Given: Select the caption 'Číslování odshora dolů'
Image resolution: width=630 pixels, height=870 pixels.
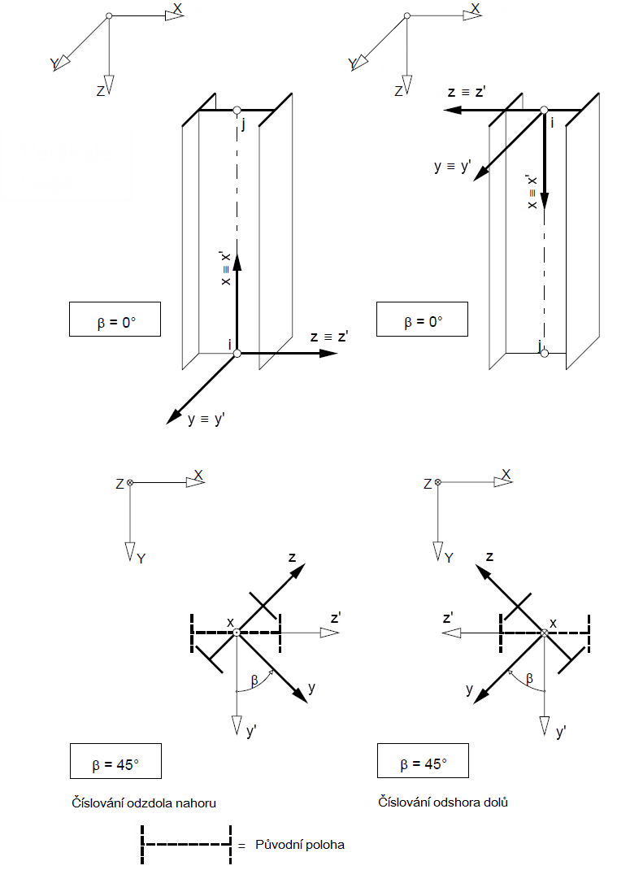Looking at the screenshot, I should click(443, 803).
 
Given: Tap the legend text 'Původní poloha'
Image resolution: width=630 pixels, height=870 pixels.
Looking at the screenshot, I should click(300, 845).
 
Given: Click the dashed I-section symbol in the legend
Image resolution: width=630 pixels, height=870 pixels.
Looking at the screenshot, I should click(185, 845).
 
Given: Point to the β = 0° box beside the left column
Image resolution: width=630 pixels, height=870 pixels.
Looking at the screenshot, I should click(115, 320).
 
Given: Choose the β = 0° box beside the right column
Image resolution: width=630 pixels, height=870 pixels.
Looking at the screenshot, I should click(423, 320).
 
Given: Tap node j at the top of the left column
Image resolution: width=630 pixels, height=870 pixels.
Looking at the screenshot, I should click(237, 111).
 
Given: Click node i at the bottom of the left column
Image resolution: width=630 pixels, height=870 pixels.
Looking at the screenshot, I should click(237, 353).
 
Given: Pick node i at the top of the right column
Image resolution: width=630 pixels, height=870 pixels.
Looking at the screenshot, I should click(544, 110).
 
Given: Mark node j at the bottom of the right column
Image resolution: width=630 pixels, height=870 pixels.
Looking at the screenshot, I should click(544, 351).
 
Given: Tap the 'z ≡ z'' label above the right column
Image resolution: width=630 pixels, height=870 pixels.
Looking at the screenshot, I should click(467, 93).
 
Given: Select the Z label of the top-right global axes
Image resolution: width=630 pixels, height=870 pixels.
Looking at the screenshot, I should click(398, 92).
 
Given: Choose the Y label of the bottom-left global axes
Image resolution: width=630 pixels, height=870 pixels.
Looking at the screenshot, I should click(141, 559).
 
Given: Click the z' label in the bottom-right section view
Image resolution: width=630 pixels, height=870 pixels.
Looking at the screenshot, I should click(448, 618).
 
